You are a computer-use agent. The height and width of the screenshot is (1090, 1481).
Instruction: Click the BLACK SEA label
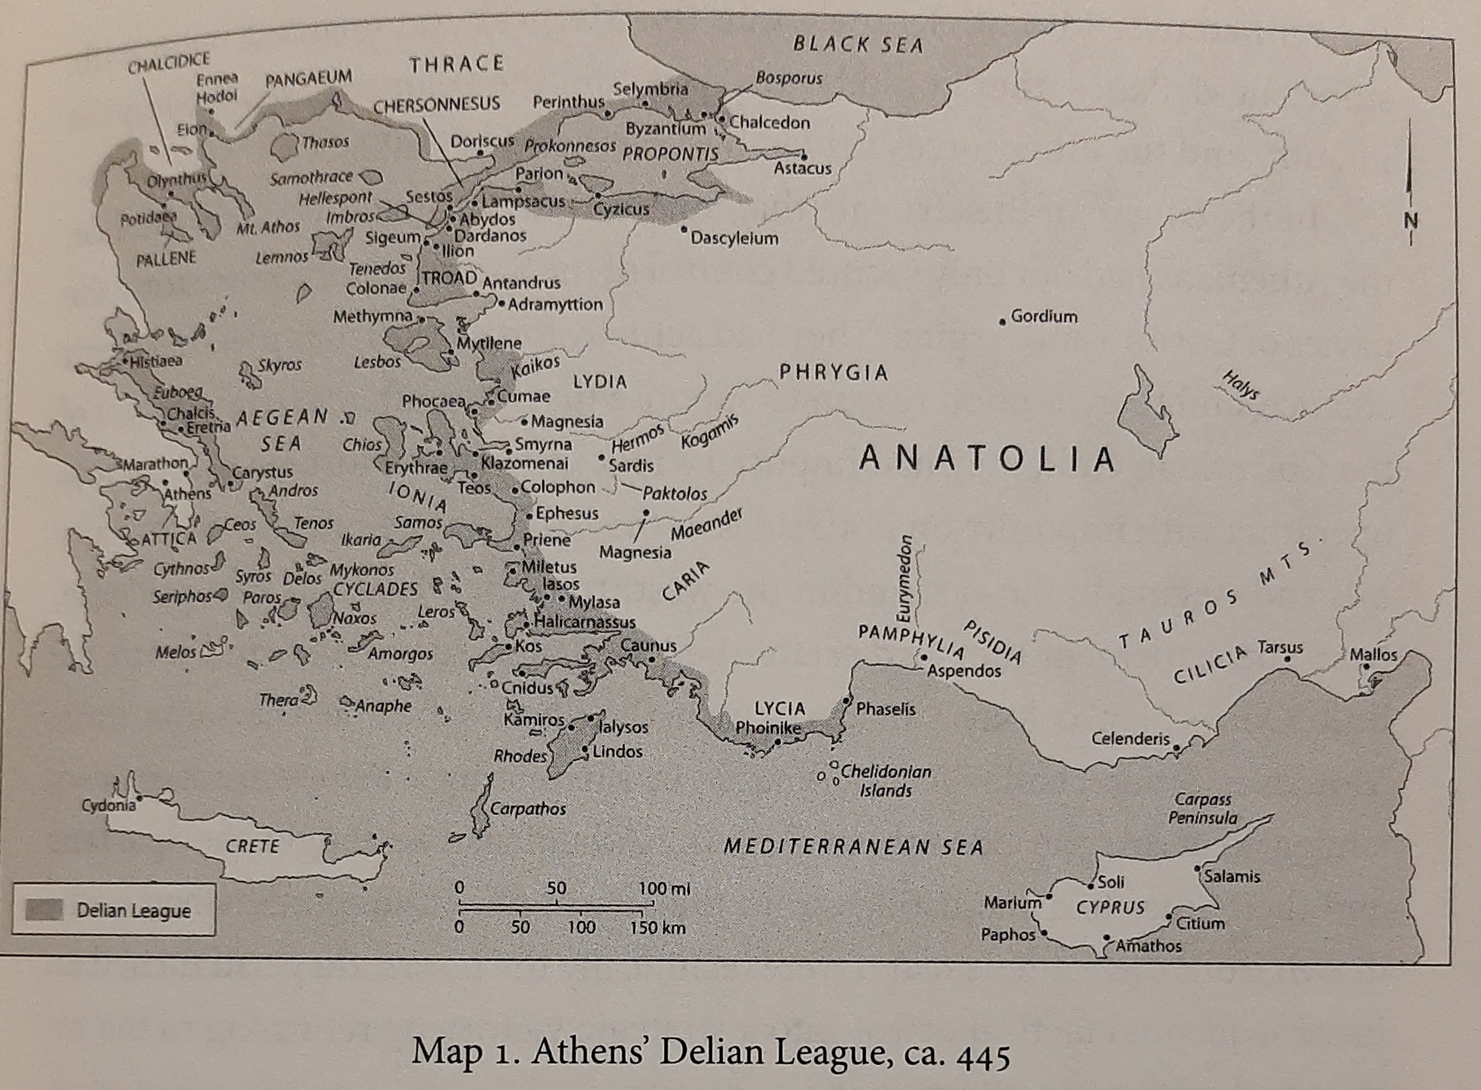click(857, 45)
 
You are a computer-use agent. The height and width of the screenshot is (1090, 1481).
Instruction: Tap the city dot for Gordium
click(1003, 321)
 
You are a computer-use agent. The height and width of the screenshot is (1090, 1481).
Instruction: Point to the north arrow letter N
click(1410, 221)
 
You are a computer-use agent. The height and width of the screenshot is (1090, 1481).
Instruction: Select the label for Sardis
click(631, 466)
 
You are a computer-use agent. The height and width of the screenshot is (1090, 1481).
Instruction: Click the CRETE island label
click(253, 846)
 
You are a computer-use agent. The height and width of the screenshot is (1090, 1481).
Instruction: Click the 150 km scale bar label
click(657, 928)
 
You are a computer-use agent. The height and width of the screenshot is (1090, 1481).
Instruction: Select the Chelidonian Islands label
click(885, 781)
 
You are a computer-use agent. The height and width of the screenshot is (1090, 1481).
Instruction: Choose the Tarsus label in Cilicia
click(1280, 647)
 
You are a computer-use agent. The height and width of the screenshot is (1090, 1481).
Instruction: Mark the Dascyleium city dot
click(684, 230)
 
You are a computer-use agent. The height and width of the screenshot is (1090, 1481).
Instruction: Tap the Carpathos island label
click(527, 809)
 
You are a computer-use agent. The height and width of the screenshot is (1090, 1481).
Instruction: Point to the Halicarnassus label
click(584, 622)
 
